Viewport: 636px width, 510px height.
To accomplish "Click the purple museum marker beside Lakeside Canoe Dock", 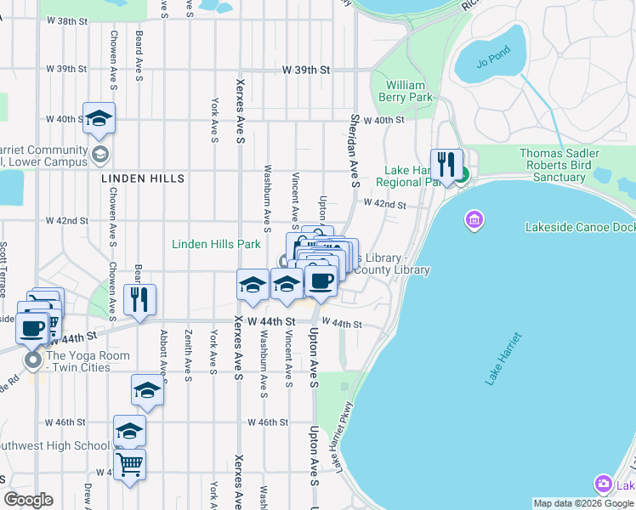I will (474, 221).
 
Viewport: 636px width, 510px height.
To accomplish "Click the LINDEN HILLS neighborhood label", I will (142, 179).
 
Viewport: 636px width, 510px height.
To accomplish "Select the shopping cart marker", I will (129, 464).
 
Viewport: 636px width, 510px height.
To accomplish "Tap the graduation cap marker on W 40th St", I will (99, 118).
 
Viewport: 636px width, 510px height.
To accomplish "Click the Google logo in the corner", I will (28, 500).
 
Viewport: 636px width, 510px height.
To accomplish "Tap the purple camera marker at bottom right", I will (604, 483).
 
